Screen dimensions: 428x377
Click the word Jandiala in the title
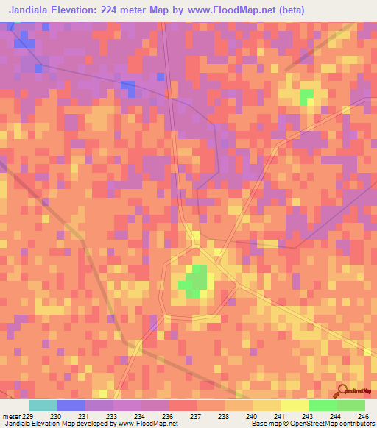click(33, 10)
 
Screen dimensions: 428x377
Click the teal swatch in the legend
click(43, 405)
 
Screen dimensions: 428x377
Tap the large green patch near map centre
click(194, 280)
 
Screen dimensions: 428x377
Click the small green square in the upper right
click(306, 96)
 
